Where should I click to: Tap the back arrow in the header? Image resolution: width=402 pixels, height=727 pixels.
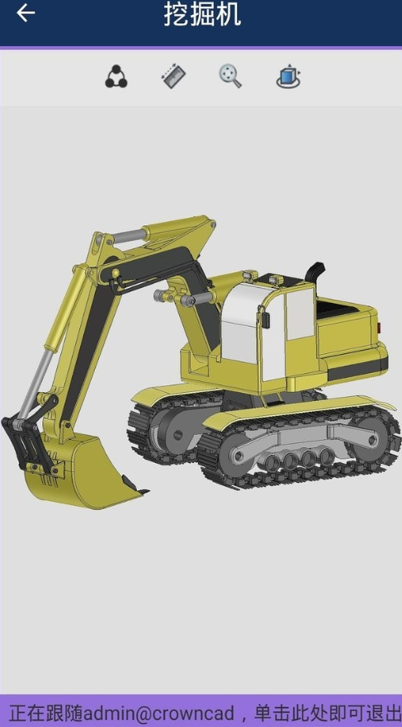click(x=26, y=13)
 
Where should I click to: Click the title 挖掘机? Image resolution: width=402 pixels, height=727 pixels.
click(x=202, y=14)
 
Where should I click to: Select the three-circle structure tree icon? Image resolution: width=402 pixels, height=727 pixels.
click(x=116, y=77)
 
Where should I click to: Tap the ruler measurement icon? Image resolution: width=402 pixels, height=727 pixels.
click(x=173, y=77)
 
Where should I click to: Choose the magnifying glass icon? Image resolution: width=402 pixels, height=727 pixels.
click(x=230, y=76)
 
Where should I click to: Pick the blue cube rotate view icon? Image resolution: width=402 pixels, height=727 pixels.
click(x=288, y=76)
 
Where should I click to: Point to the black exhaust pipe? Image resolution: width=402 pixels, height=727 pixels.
click(x=315, y=271)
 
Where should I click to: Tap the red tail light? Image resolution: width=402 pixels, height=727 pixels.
click(x=379, y=326)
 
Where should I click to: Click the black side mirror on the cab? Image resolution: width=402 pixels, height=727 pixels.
click(x=265, y=320)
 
